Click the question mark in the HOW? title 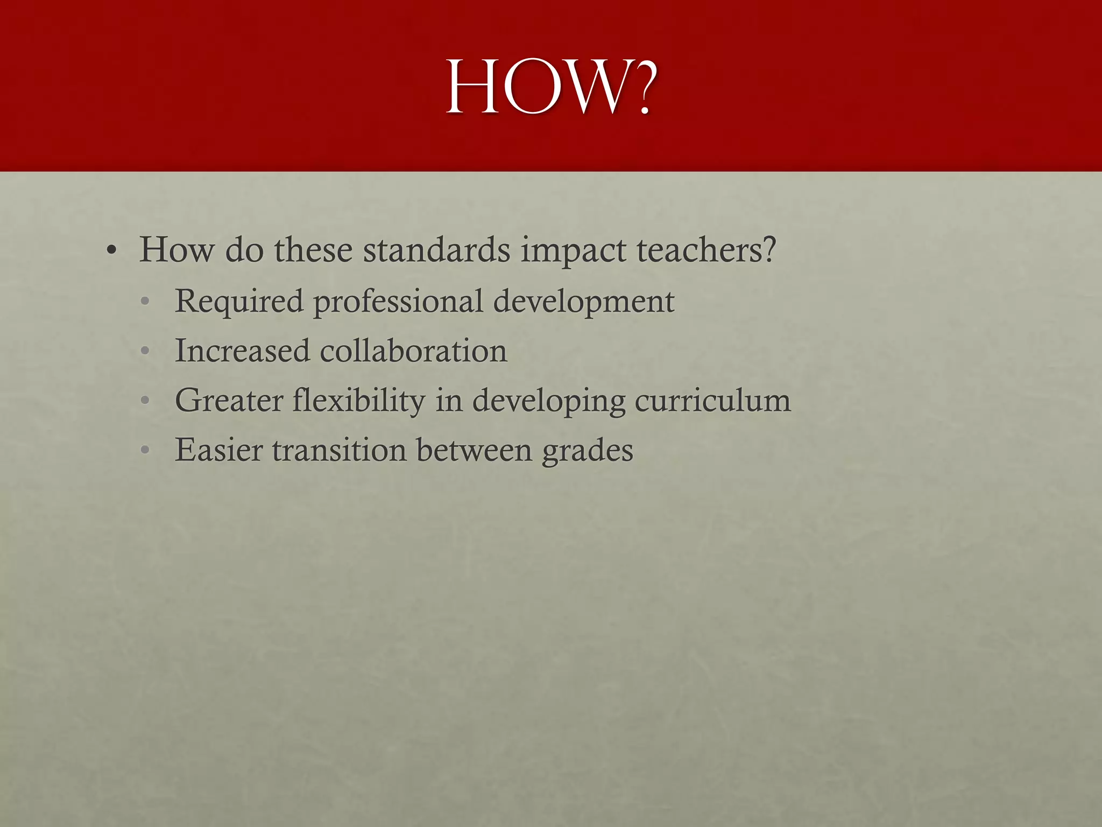pos(640,87)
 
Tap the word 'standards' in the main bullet pos(436,250)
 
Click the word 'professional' pos(398,302)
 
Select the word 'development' pos(583,302)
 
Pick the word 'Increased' pos(243,351)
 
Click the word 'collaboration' pos(413,351)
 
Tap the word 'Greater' pos(229,401)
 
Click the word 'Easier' pos(219,450)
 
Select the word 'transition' pos(339,450)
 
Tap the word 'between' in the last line pos(474,450)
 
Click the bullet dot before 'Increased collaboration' pos(144,352)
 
